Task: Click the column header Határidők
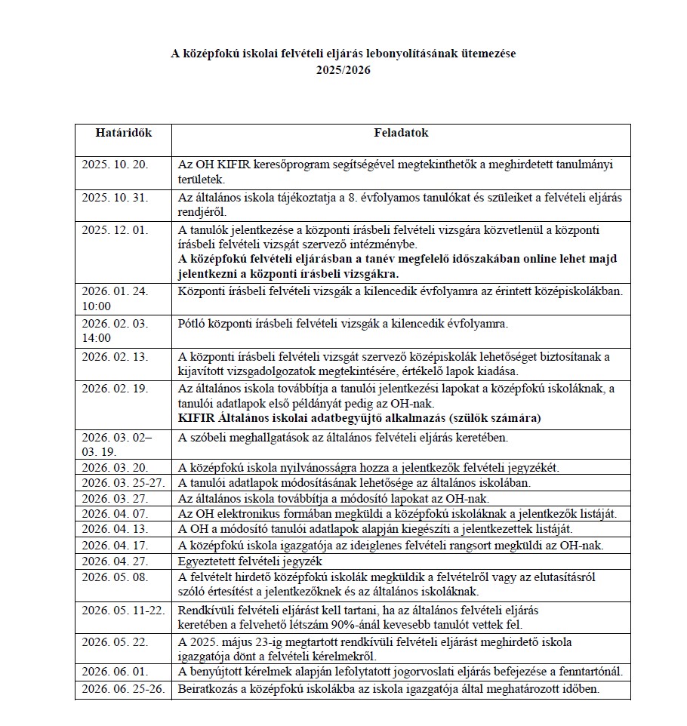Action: click(x=123, y=133)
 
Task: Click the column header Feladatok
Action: click(x=401, y=133)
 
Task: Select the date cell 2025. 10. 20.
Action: click(x=116, y=165)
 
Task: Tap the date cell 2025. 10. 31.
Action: click(x=116, y=198)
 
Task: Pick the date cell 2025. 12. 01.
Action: click(x=116, y=230)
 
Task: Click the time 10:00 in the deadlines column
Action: click(x=96, y=306)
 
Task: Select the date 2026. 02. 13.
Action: click(x=116, y=356)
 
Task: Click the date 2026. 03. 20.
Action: click(x=116, y=467)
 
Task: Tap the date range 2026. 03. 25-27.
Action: click(x=123, y=483)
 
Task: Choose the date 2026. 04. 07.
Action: click(x=116, y=514)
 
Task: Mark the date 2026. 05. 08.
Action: click(x=116, y=577)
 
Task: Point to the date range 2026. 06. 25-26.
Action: click(x=123, y=689)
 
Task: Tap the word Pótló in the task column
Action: click(x=192, y=324)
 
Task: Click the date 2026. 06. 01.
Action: click(x=116, y=672)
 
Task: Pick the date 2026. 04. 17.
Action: click(x=116, y=546)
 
